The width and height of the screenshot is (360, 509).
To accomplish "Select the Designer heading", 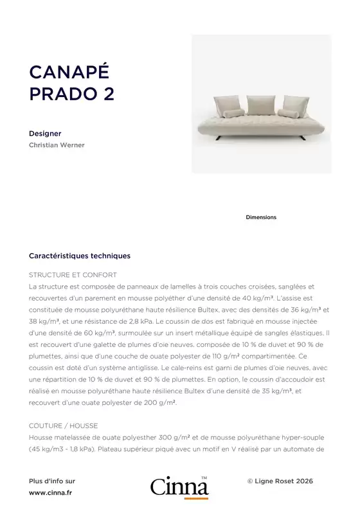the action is [x=45, y=134].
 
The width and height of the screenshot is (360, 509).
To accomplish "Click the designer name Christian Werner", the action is [x=57, y=145].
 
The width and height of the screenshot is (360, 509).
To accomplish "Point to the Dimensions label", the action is [x=261, y=217].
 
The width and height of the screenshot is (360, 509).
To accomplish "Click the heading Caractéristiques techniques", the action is [x=80, y=256].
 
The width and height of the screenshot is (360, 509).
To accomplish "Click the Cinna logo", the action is [x=179, y=487].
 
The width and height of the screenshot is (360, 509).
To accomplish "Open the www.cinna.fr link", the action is [x=51, y=493].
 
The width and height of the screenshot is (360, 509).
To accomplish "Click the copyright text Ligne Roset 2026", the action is [x=280, y=481].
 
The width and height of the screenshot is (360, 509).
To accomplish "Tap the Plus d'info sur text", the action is [x=52, y=481].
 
